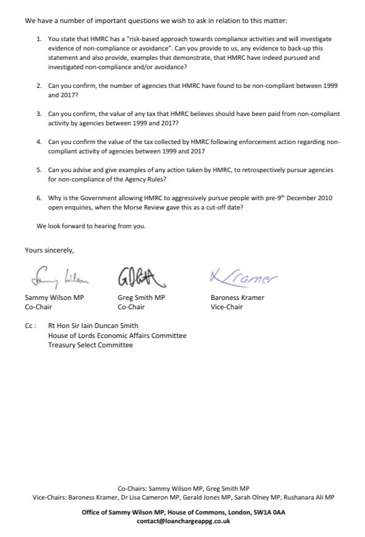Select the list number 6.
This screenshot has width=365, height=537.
pyautogui.click(x=39, y=198)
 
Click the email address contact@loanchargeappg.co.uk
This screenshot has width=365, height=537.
pyautogui.click(x=182, y=521)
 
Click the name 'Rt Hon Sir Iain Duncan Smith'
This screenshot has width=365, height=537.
pyautogui.click(x=102, y=326)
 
